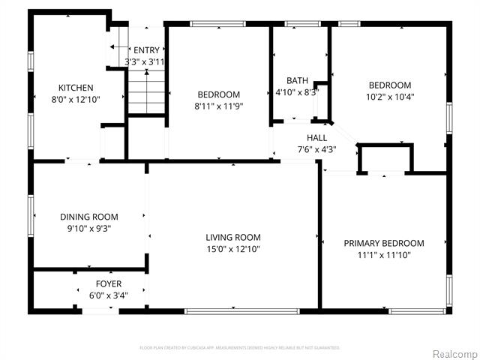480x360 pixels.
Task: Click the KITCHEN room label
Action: point(76,87)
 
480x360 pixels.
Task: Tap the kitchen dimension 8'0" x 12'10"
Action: point(76,99)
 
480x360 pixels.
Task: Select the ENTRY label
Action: point(146,50)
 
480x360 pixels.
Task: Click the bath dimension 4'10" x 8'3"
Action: point(297,92)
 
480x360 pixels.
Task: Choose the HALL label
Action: point(316,137)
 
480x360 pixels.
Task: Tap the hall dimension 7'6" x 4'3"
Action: point(316,149)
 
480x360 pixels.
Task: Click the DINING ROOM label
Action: point(90,217)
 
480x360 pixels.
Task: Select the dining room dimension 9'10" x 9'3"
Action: point(90,229)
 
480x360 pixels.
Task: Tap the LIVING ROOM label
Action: point(232,237)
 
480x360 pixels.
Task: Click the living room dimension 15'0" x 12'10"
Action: point(232,249)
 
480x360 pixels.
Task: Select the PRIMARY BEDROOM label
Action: point(383,243)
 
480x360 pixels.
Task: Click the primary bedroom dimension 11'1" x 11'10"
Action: point(383,255)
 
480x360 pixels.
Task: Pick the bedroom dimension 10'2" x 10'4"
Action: point(389,97)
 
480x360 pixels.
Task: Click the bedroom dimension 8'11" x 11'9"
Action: point(218,106)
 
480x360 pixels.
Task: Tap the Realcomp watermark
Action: point(453,352)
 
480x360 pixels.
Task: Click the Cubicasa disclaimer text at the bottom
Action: point(240,348)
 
